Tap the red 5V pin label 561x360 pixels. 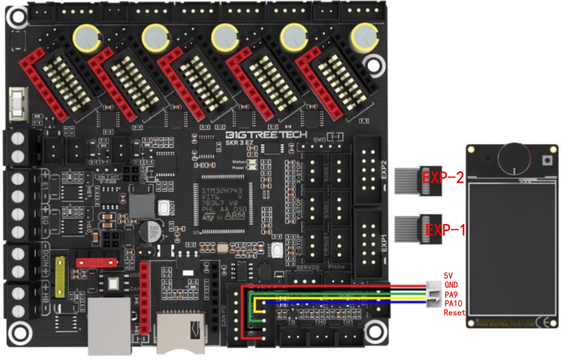click(x=448, y=276)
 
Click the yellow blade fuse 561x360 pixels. click(x=60, y=277)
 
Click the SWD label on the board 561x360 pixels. click(x=319, y=139)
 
